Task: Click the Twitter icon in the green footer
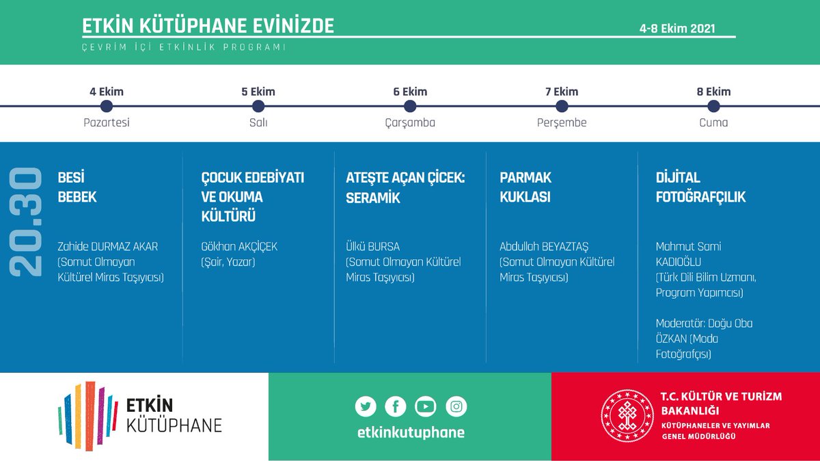tap(366, 406)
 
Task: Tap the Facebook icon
tap(395, 406)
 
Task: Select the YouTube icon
tap(425, 406)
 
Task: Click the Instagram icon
tap(456, 406)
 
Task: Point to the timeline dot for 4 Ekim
tap(106, 106)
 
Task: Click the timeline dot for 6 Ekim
tap(410, 106)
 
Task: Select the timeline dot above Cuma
tap(713, 106)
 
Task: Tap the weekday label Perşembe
tap(562, 123)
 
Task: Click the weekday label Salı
tap(258, 123)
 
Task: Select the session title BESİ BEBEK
tap(77, 187)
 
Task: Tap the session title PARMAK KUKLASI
tap(525, 187)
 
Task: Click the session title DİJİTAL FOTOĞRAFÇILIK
tap(700, 187)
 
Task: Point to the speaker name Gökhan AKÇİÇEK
tap(239, 246)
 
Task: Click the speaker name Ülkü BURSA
tap(373, 246)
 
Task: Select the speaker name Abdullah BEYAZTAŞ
tap(544, 246)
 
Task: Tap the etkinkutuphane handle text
tap(411, 432)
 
